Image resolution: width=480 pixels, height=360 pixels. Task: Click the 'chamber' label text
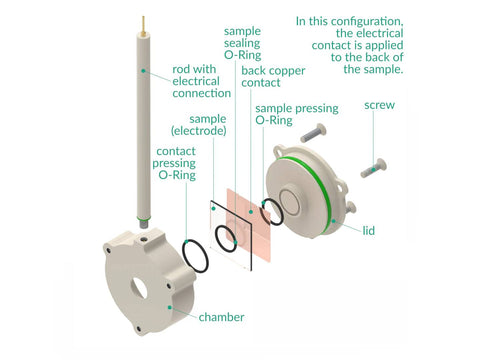(x=221, y=317)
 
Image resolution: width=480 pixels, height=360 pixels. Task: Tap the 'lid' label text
(x=369, y=230)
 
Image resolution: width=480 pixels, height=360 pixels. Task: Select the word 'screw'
(x=379, y=105)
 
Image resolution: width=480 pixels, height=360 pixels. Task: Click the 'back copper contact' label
(x=273, y=76)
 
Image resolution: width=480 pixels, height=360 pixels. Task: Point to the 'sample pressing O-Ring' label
(x=297, y=114)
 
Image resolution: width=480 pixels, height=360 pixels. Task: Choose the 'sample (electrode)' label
(x=199, y=125)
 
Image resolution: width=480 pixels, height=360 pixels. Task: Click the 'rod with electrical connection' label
(x=201, y=81)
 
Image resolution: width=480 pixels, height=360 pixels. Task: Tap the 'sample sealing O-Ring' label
(x=242, y=43)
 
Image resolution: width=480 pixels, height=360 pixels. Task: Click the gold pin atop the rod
(x=143, y=25)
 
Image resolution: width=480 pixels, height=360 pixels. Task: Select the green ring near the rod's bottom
(x=144, y=218)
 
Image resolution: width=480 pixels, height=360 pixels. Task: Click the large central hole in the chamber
(x=139, y=288)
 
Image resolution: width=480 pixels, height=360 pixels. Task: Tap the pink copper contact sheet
(x=249, y=224)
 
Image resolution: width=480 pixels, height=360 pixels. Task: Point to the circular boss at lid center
(x=289, y=203)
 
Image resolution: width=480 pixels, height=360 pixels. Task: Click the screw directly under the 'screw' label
(x=374, y=168)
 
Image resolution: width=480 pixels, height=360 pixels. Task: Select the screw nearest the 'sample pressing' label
(x=313, y=133)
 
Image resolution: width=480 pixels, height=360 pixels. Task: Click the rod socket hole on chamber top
(x=144, y=239)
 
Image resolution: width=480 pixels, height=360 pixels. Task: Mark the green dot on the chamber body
(x=170, y=307)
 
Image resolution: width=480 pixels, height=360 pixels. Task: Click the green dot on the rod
(x=143, y=71)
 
